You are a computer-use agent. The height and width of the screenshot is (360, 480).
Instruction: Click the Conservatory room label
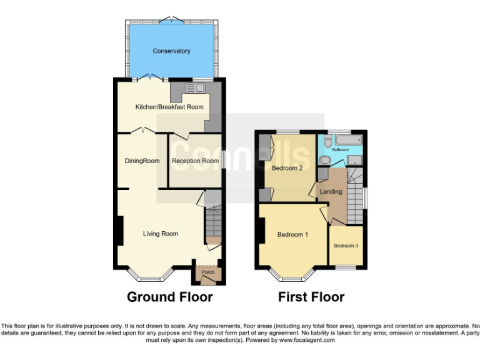point(171,51)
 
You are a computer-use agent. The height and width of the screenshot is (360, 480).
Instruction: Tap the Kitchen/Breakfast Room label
point(169,107)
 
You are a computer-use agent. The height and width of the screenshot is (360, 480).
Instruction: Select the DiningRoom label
point(142,161)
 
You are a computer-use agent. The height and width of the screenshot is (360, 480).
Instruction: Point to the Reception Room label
point(195,161)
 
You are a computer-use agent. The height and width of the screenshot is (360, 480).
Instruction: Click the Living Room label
point(161,234)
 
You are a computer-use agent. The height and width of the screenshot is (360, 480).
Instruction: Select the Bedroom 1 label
point(293,234)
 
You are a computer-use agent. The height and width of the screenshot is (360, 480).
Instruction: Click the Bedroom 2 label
point(287,168)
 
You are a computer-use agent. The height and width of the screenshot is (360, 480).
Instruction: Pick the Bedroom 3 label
point(346,246)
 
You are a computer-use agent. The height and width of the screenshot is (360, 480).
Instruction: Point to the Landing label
point(331,191)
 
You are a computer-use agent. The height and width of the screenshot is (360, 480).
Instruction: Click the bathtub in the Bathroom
point(349,141)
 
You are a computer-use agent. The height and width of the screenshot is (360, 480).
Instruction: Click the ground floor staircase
point(212,226)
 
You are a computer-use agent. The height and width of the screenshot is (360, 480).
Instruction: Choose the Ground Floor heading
point(170,297)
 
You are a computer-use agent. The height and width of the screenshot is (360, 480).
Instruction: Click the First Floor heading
point(311,297)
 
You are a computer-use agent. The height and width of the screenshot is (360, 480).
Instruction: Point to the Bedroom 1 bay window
point(291,276)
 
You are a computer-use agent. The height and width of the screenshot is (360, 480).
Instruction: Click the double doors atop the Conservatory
point(171,21)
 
